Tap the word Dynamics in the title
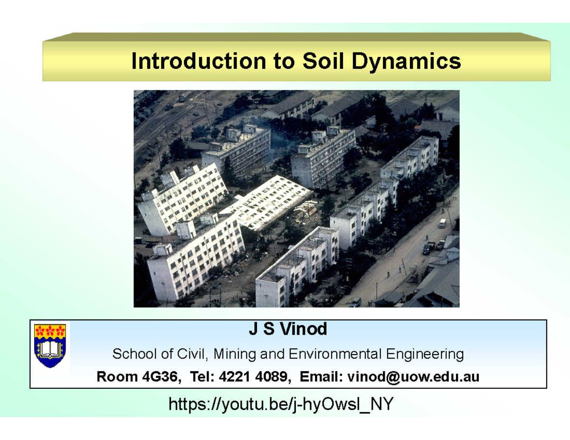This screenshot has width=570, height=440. click(409, 61)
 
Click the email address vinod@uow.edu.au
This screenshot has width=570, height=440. click(413, 377)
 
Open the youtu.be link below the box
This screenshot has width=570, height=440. click(281, 404)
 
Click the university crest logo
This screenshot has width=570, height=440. click(50, 346)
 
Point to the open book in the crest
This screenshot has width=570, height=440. click(50, 350)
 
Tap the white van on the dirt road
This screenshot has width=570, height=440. click(442, 223)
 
